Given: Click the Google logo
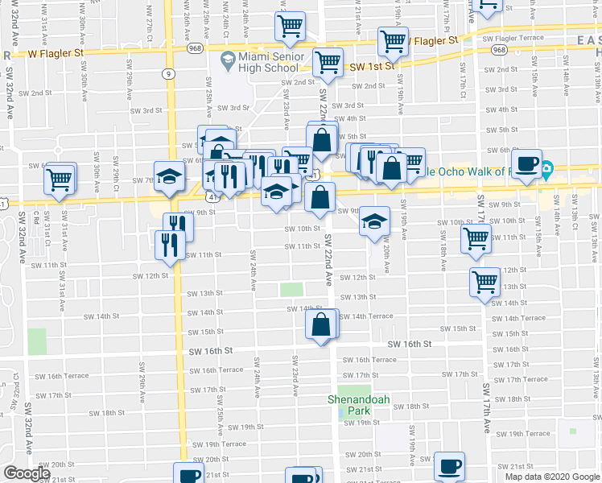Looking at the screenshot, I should (x=27, y=474).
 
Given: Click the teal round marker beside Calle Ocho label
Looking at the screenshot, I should (x=547, y=170).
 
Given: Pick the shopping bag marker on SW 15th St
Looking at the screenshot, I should (x=320, y=326).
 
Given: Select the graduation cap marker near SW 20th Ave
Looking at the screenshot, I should (x=373, y=222).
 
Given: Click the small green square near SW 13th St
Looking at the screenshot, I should (x=291, y=289).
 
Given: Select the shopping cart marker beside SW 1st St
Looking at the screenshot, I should (x=328, y=63).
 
